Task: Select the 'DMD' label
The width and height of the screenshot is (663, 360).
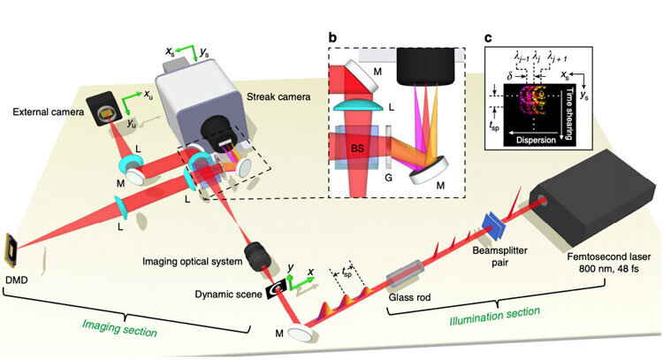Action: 19,280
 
